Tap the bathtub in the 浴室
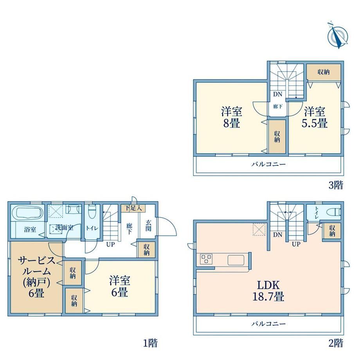[27, 212]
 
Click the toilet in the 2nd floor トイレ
[338, 212]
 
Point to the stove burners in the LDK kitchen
[206, 259]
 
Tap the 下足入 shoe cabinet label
[133, 208]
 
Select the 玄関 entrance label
[148, 225]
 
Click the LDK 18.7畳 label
[268, 291]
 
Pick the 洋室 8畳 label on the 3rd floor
[231, 117]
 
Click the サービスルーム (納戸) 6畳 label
[36, 277]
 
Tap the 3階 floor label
[336, 185]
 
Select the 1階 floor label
[150, 343]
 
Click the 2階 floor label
[336, 343]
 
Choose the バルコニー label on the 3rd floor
[268, 164]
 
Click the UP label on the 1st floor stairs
[110, 245]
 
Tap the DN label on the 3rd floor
[277, 94]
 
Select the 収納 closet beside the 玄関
[146, 250]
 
